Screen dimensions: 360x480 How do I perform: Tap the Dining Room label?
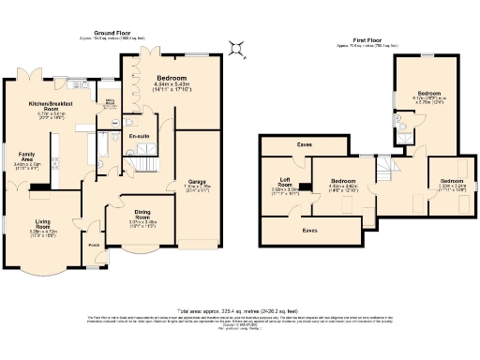pyautogui.click(x=142, y=214)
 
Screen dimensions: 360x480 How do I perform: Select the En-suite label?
pyautogui.click(x=140, y=137)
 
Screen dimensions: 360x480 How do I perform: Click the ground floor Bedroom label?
pyautogui.click(x=172, y=77)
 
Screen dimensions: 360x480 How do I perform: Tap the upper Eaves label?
pyautogui.click(x=305, y=145)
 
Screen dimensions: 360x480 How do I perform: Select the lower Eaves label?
pyautogui.click(x=308, y=229)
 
